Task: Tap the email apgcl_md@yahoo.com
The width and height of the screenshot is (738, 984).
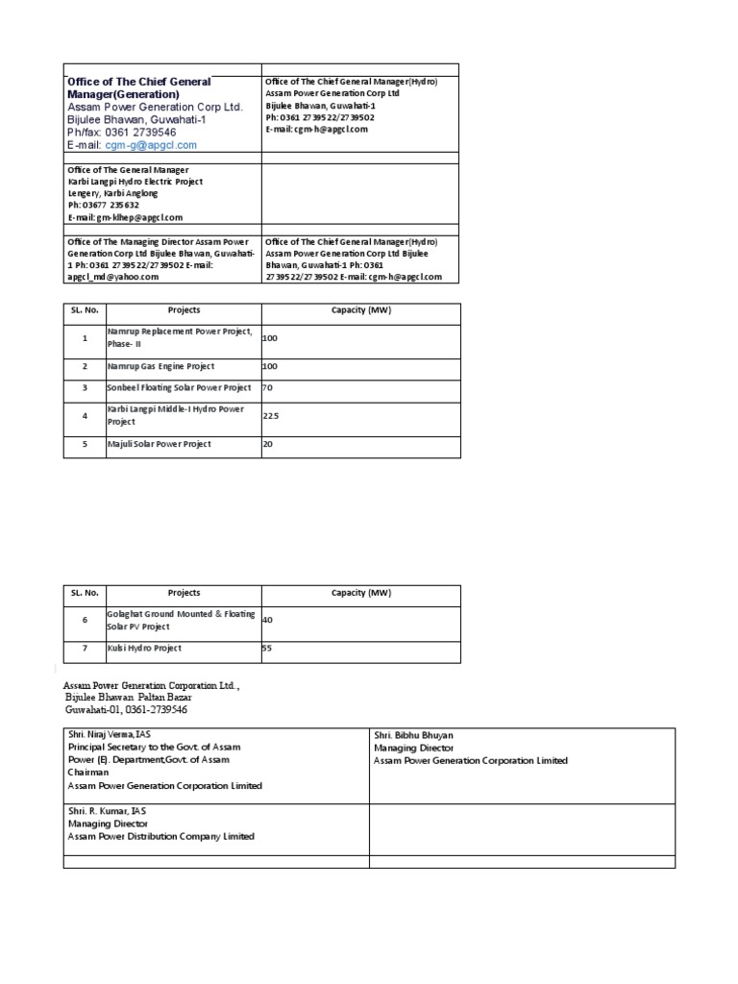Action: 112,277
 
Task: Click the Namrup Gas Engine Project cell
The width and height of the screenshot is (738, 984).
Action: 160,367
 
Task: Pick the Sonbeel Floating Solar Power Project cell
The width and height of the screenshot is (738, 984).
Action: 179,388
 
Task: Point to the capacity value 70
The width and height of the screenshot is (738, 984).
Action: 269,388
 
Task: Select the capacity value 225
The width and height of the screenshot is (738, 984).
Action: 271,415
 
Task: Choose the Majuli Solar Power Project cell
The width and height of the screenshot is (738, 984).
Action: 159,444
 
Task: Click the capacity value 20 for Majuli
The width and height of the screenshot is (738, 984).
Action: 269,444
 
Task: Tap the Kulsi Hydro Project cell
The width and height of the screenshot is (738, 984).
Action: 144,649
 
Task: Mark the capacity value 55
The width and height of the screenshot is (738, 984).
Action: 268,649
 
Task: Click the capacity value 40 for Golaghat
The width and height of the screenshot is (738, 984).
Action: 268,620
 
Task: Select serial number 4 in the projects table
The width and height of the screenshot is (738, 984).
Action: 85,415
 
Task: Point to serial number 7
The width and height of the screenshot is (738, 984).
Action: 85,649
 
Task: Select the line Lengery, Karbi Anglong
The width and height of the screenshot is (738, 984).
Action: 112,193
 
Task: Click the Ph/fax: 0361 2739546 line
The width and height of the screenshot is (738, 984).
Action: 121,133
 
